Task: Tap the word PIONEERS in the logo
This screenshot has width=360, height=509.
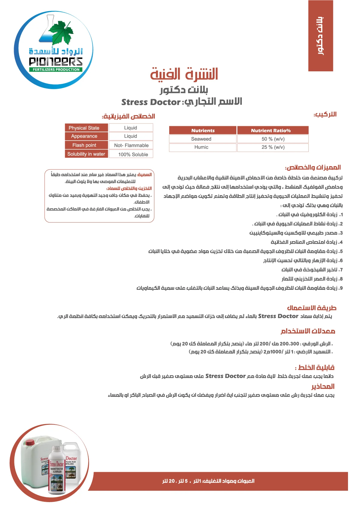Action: (56, 62)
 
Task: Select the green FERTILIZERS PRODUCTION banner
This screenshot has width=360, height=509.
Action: (56, 70)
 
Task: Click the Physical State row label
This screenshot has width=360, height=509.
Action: (86, 128)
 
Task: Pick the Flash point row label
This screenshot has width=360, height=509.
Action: (86, 145)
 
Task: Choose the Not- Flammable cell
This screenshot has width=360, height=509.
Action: (131, 145)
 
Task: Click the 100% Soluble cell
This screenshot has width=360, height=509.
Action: (131, 154)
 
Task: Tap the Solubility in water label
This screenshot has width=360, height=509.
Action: (86, 154)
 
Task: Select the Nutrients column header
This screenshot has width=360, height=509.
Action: (203, 130)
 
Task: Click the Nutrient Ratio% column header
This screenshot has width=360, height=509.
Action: (273, 130)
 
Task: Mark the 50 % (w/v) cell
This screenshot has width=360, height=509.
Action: (273, 139)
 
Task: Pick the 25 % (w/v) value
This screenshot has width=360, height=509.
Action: (273, 147)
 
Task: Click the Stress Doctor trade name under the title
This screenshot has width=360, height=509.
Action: (151, 102)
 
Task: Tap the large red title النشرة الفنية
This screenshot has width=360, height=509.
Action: (184, 74)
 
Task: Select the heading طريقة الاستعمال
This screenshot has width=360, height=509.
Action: (311, 308)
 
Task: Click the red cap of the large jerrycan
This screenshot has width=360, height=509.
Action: (30, 442)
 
